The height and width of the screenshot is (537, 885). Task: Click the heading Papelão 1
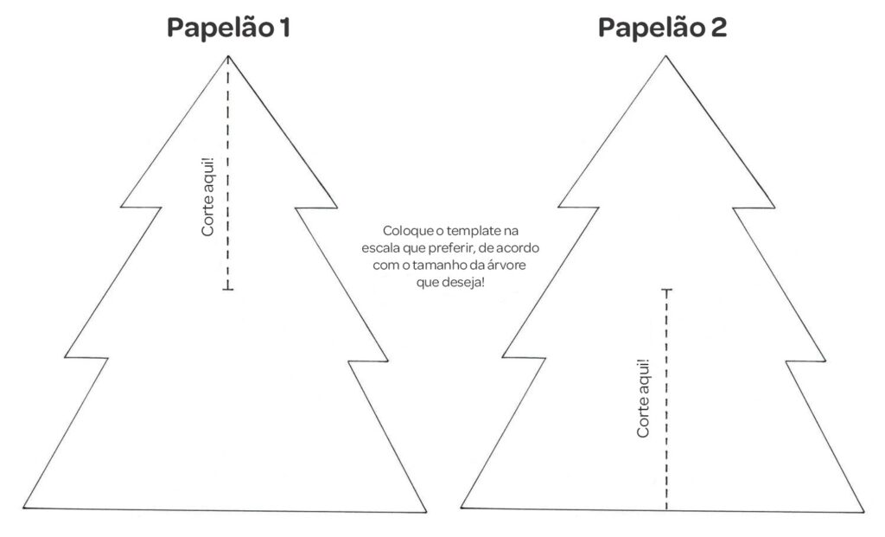(228, 28)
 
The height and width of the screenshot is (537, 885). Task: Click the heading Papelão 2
(662, 28)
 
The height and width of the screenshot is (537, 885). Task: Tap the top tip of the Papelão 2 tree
(665, 56)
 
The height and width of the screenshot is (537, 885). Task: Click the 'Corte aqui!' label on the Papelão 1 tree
(207, 196)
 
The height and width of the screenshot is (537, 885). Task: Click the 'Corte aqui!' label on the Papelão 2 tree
(643, 398)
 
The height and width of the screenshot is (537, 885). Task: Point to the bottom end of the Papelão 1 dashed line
(228, 289)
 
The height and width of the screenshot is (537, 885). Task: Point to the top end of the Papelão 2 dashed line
(666, 290)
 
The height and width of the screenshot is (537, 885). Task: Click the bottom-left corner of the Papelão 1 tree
(24, 507)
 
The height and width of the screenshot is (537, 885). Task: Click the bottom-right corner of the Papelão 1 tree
(426, 513)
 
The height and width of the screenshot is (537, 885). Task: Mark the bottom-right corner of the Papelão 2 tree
(864, 512)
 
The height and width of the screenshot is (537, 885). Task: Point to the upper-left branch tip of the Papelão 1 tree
(121, 207)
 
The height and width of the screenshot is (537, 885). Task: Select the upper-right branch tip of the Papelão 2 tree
(774, 208)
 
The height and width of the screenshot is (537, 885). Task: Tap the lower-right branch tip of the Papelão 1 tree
(389, 359)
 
